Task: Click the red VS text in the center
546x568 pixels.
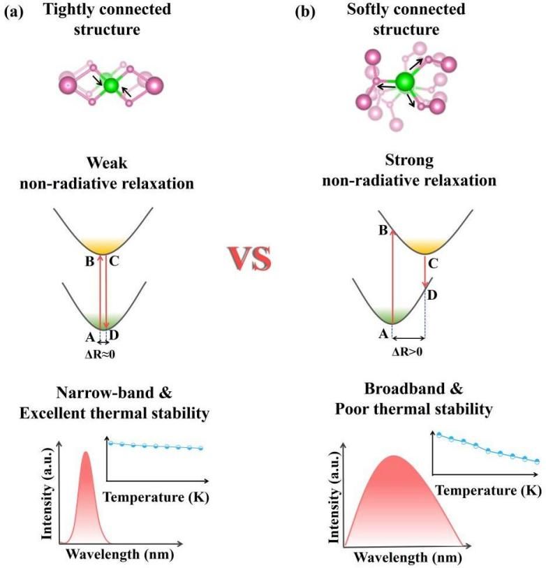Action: click(x=250, y=258)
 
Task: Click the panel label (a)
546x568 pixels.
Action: click(x=13, y=12)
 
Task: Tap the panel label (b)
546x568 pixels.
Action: click(x=305, y=12)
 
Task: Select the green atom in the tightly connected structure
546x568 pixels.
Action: click(x=111, y=85)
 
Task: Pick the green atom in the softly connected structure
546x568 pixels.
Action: click(x=405, y=82)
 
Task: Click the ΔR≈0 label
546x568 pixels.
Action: click(x=100, y=354)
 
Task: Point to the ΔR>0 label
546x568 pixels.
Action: click(x=407, y=351)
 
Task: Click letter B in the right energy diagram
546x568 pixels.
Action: click(x=383, y=230)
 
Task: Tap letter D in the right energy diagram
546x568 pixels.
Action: click(x=432, y=296)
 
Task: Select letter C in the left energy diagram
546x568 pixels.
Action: click(x=114, y=261)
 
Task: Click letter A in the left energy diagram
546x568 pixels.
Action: click(x=90, y=337)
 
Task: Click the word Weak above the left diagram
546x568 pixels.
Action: click(x=107, y=163)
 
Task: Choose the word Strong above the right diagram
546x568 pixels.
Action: click(x=409, y=160)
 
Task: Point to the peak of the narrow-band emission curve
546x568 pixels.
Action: click(x=86, y=452)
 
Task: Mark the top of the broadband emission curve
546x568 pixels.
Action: click(x=394, y=456)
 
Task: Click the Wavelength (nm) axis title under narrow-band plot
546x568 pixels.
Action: click(x=120, y=554)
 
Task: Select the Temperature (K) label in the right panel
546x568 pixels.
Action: click(x=489, y=490)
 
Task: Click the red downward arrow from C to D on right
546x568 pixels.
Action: click(x=425, y=271)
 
